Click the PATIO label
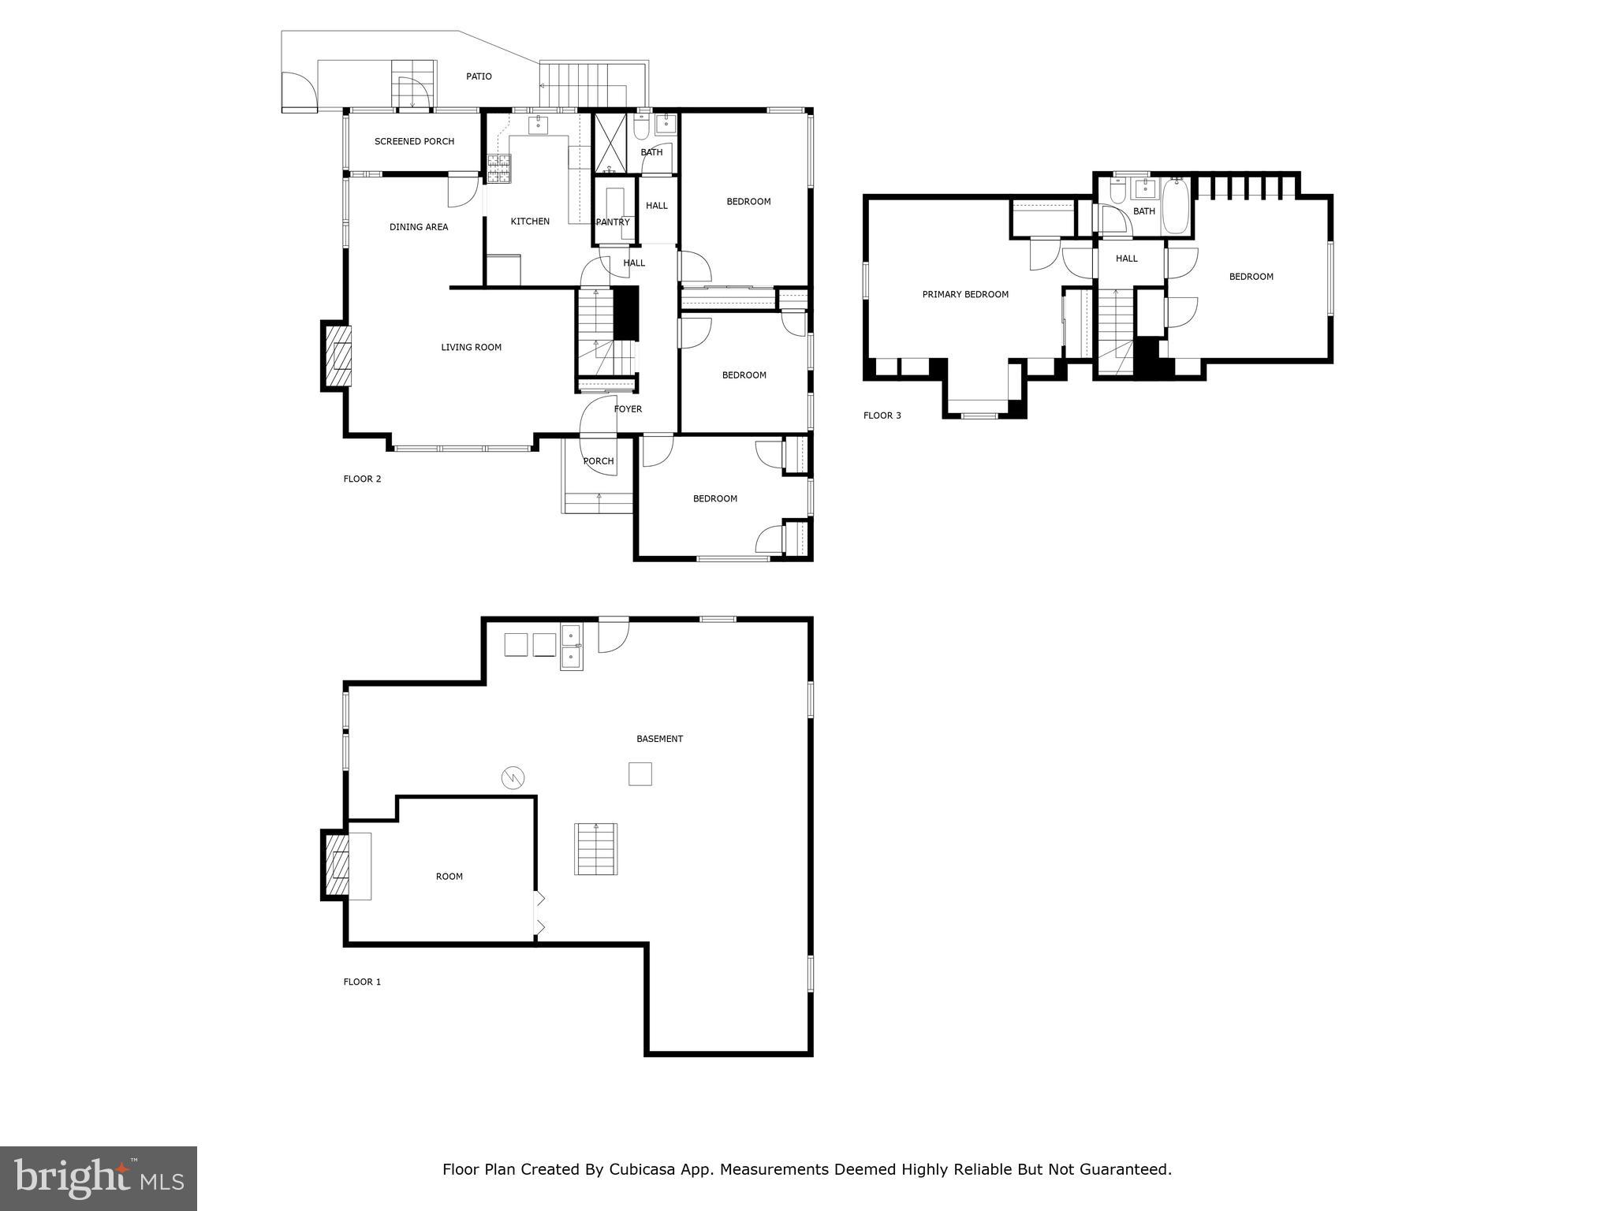pos(479,76)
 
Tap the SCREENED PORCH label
pos(414,142)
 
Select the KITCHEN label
pos(530,222)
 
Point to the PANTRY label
pos(613,222)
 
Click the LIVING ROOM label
pos(471,348)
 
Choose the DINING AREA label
pos(418,227)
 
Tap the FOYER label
pos(628,409)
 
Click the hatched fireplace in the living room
pos(338,356)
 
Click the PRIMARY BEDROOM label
pos(965,295)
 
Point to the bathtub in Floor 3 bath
pos(1175,207)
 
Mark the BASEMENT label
pos(659,740)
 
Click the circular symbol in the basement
pos(513,778)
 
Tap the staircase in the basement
pos(595,848)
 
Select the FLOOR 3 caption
pos(882,415)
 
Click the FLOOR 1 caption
pos(362,982)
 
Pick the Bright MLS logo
pos(99,1178)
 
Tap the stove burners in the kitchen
pos(498,168)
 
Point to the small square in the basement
pos(640,773)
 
